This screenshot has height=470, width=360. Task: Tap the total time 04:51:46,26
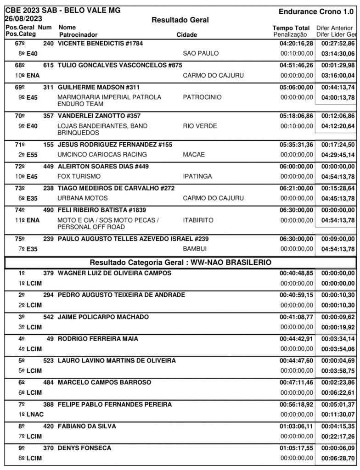click(x=296, y=65)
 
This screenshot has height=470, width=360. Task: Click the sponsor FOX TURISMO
click(x=79, y=176)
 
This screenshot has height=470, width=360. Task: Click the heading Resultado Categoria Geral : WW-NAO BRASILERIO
click(x=180, y=263)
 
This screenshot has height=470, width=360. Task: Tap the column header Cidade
click(x=187, y=34)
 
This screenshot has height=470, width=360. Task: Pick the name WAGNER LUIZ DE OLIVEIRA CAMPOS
click(x=114, y=274)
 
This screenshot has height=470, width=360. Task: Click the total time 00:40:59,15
click(x=296, y=295)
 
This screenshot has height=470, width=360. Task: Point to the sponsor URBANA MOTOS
click(x=83, y=198)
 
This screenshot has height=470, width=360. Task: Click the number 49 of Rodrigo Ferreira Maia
click(x=51, y=339)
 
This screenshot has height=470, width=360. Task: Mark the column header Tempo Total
click(x=291, y=28)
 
